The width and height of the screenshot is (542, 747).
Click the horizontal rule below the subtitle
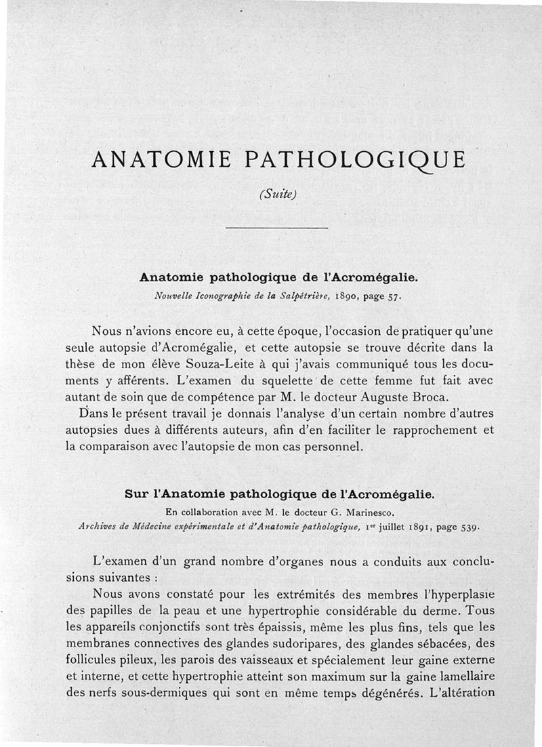pos(276,228)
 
